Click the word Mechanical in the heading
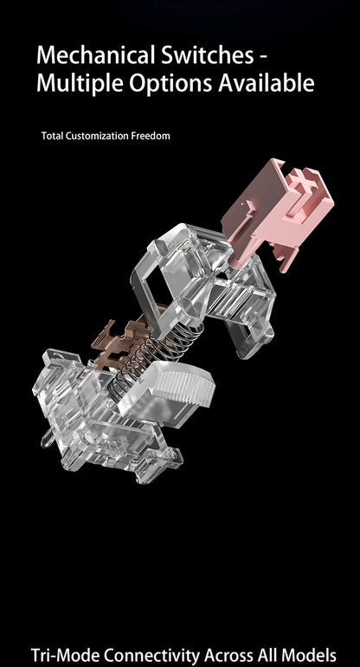(97, 55)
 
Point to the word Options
(170, 83)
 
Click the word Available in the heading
(267, 82)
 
